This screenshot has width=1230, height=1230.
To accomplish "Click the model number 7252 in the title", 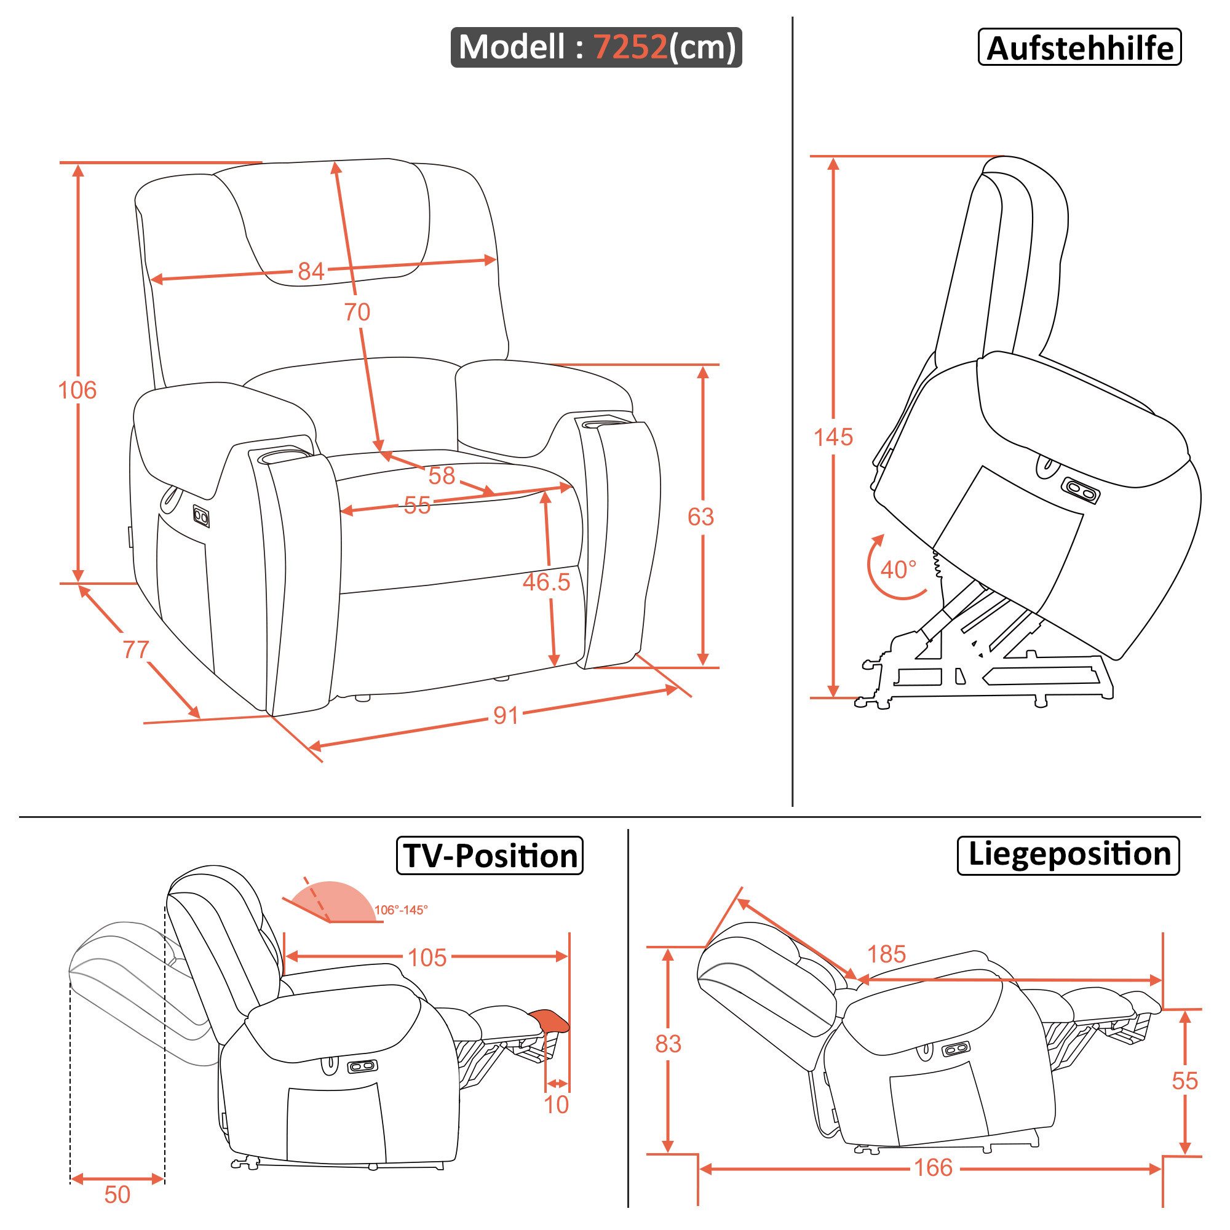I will point(630,47).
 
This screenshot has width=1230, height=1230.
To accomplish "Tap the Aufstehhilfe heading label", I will point(1079,48).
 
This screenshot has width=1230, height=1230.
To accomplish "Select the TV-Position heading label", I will point(490,855).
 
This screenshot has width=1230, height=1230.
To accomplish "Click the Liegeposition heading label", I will point(1069,854).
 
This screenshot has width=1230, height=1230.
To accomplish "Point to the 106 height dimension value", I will point(77,390).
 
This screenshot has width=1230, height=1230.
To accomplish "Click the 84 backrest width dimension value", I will point(311,272).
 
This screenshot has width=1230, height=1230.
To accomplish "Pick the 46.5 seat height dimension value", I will point(546,581).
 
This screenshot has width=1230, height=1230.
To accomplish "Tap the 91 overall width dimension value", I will point(506,716).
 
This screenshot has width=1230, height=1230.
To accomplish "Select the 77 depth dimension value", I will point(135,649).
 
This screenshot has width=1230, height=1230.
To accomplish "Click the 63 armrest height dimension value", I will point(700,517).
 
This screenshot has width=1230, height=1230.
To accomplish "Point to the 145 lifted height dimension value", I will point(833,437).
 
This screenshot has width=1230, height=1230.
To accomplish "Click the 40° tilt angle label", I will point(899,569).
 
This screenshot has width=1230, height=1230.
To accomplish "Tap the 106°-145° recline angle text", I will point(400,910).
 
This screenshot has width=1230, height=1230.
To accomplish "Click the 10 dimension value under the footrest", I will point(556,1105).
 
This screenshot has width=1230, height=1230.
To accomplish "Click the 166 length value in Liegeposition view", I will point(934,1167).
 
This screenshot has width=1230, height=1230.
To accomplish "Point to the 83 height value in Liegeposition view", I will point(668,1044).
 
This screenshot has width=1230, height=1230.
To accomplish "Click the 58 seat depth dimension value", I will point(441,475).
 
